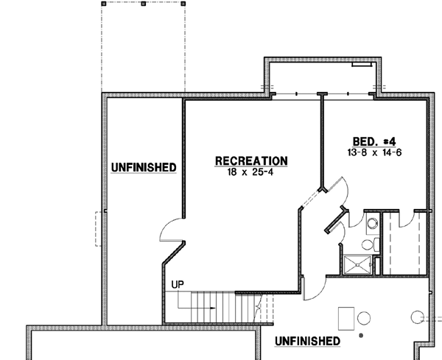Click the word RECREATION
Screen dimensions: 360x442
[250, 160]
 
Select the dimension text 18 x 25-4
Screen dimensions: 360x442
[250, 172]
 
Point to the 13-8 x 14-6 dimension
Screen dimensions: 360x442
[376, 152]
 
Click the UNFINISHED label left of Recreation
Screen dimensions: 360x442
[144, 168]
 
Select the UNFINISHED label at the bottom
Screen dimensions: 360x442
[307, 341]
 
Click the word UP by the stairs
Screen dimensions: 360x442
[177, 284]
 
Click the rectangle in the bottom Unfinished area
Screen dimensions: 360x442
[346, 318]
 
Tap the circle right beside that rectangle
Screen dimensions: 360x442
[364, 318]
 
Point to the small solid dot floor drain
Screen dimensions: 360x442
[361, 335]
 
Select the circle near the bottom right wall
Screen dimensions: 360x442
[417, 318]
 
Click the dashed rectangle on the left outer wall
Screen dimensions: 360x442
[98, 229]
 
